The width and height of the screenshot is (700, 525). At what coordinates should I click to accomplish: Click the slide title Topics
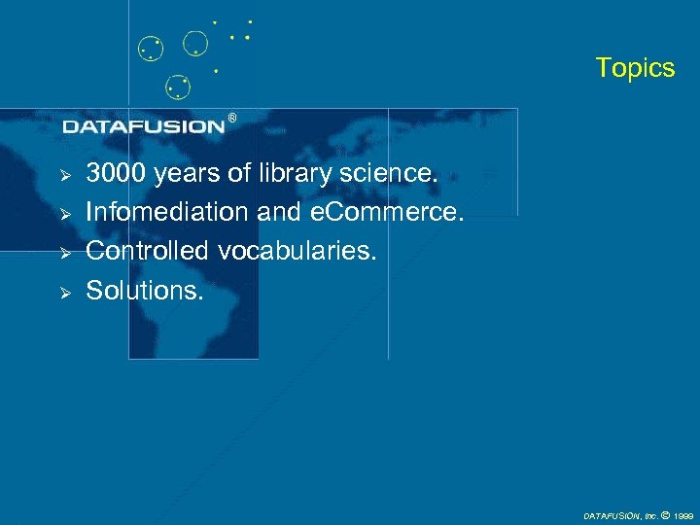(x=634, y=68)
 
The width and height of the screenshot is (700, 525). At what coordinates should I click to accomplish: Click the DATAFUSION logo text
(x=144, y=126)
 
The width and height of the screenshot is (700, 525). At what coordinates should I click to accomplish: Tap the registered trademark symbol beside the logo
(x=231, y=118)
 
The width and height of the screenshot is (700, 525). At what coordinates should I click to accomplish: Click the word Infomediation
(x=167, y=212)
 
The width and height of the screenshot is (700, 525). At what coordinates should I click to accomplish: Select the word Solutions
(x=145, y=289)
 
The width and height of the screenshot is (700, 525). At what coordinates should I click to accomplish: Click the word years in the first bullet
(x=187, y=175)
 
